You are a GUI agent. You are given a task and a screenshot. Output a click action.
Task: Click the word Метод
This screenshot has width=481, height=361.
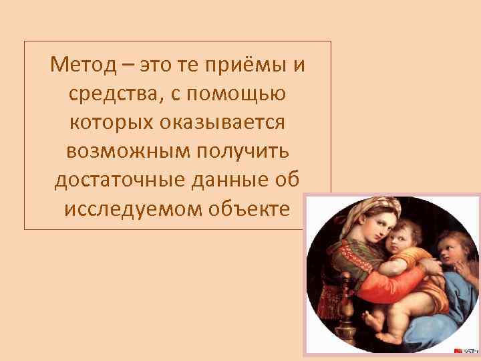(x=84, y=66)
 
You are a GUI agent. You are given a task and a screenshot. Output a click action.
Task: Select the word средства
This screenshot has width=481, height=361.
(x=113, y=94)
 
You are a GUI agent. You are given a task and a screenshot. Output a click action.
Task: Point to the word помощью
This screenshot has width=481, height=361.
(x=237, y=94)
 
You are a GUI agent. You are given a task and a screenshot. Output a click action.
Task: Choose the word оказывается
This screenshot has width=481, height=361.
(x=221, y=123)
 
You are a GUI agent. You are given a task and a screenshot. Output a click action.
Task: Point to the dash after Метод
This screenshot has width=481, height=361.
(x=128, y=66)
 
